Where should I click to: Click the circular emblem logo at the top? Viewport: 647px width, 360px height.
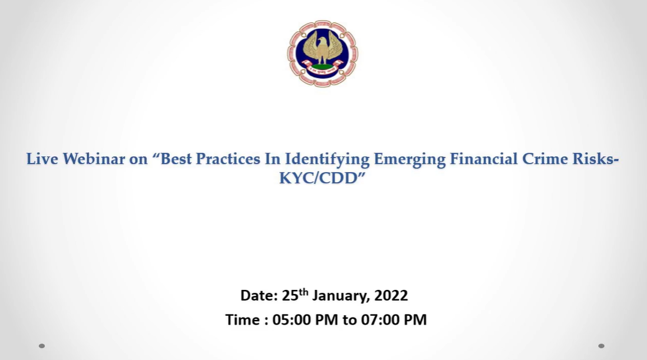pyautogui.click(x=323, y=54)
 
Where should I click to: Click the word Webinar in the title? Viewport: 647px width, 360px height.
pyautogui.click(x=94, y=159)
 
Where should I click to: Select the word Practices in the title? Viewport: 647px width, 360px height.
pyautogui.click(x=228, y=159)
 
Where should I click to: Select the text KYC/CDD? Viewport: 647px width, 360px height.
pyautogui.click(x=318, y=178)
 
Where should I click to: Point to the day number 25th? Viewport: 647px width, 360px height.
pyautogui.click(x=295, y=295)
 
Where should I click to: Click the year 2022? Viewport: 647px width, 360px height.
pyautogui.click(x=391, y=296)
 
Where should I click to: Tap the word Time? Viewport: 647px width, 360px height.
pyautogui.click(x=243, y=320)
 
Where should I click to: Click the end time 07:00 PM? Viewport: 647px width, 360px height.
pyautogui.click(x=394, y=320)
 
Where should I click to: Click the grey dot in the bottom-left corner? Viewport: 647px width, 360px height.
pyautogui.click(x=42, y=346)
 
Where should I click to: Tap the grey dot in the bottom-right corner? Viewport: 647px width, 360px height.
pyautogui.click(x=601, y=346)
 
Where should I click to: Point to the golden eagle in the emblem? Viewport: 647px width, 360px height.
pyautogui.click(x=323, y=49)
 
